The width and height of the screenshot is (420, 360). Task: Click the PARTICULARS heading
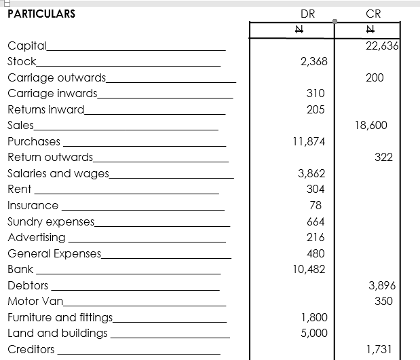click(41, 14)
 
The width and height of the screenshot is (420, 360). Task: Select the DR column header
click(307, 14)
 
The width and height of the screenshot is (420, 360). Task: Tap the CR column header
click(373, 14)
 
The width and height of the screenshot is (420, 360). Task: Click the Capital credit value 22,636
click(381, 46)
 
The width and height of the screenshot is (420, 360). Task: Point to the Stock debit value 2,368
click(313, 61)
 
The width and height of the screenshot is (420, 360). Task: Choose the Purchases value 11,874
click(309, 141)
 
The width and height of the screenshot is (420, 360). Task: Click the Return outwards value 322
click(383, 158)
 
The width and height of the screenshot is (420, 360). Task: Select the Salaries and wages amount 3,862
click(312, 173)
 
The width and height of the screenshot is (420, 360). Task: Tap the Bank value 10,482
click(309, 269)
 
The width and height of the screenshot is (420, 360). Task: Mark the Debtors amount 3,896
click(381, 285)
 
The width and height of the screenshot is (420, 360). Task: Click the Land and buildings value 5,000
click(313, 333)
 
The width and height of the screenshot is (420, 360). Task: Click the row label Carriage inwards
click(52, 93)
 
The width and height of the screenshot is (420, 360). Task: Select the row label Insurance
click(33, 205)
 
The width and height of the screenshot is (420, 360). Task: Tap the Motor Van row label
click(35, 301)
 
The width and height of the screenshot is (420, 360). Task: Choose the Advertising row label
click(37, 237)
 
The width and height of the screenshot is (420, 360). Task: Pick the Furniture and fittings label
click(61, 317)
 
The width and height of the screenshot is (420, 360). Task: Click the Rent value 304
click(316, 189)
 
